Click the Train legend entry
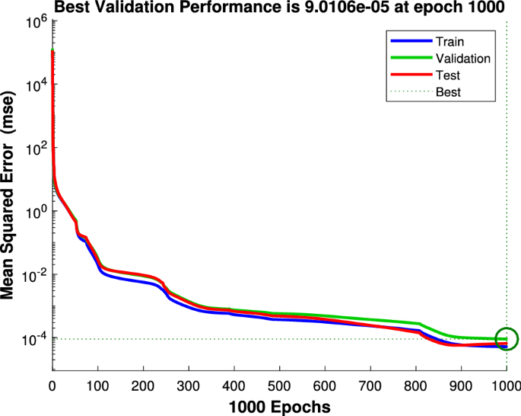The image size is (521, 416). coord(450,42)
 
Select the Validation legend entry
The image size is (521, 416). coord(462,59)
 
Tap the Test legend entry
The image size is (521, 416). coord(448,75)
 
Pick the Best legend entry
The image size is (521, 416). coord(449,92)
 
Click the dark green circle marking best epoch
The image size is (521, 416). coord(506,339)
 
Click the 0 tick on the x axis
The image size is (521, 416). coord(52,386)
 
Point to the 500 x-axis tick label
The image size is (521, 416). coord(280,386)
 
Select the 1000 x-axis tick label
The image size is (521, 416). coord(506,386)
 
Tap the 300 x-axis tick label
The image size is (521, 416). coord(189,386)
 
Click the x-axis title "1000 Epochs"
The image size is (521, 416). coord(279,407)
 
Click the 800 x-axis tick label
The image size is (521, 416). coord(416,386)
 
